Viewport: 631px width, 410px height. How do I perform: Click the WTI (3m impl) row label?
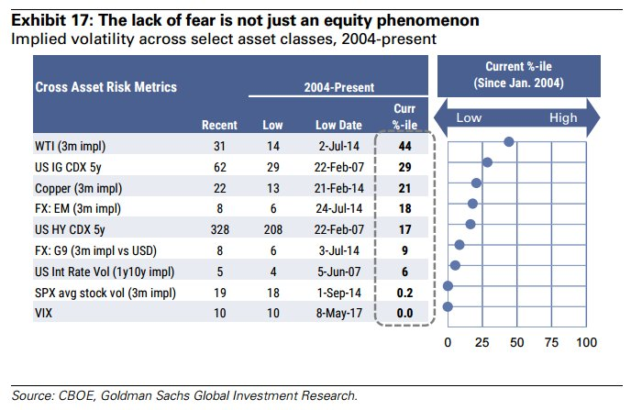[68, 145]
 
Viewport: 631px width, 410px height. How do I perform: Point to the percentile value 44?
[404, 145]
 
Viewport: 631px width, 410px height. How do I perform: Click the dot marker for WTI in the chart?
[508, 141]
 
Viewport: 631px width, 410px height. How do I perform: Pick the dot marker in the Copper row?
[477, 183]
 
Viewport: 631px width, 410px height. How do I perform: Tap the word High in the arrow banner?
[563, 117]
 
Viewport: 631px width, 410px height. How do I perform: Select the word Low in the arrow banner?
[469, 117]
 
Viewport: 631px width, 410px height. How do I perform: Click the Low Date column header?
[338, 125]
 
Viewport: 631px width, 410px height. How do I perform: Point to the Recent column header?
[219, 125]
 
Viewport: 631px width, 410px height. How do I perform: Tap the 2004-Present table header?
[339, 87]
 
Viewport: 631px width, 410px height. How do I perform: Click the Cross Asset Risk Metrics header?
[105, 87]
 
